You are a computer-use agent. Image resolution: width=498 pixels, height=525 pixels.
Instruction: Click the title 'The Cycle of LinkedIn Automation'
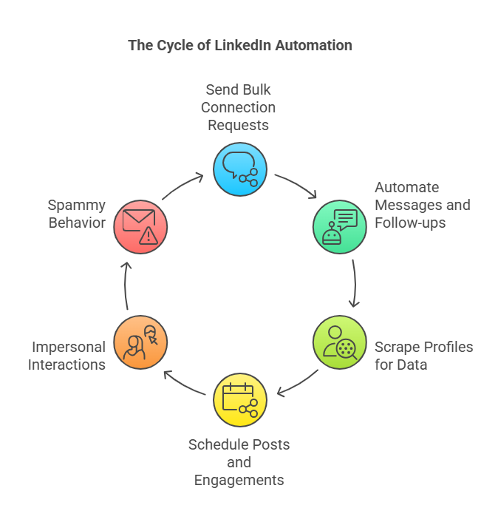[240, 46]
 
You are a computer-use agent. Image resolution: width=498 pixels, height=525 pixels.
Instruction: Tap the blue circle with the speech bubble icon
[240, 169]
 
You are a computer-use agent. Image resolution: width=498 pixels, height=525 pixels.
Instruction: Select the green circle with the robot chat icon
[340, 226]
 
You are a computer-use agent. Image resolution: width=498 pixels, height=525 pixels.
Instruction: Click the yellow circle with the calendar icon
[240, 401]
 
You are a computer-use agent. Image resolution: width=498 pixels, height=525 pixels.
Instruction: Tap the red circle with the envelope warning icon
[140, 226]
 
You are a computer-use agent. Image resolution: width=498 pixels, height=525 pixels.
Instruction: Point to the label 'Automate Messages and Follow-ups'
[422, 205]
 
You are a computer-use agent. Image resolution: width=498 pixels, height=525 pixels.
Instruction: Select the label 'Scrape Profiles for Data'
[423, 356]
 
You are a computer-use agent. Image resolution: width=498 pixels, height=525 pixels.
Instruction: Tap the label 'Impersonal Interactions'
[67, 356]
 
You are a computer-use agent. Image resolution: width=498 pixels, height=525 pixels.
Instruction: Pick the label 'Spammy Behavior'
[77, 214]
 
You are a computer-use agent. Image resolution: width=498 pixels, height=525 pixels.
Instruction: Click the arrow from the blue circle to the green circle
[296, 186]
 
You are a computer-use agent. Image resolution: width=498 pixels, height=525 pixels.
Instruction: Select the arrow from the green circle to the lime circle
[355, 282]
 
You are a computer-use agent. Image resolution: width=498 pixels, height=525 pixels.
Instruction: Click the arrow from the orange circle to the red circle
[126, 285]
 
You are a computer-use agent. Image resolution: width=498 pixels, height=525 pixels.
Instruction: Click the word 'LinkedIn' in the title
[243, 46]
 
